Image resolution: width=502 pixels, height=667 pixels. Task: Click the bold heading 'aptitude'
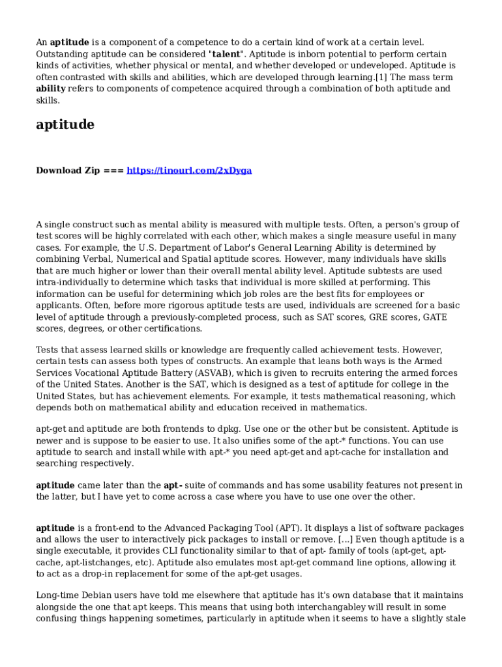click(65, 125)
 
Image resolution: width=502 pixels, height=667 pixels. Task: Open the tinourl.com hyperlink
click(189, 171)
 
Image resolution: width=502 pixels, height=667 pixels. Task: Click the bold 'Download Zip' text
click(68, 171)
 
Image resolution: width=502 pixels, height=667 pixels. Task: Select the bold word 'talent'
click(226, 54)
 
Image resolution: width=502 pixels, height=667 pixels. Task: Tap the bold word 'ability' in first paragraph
click(50, 89)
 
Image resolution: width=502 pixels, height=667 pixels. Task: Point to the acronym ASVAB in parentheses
click(211, 373)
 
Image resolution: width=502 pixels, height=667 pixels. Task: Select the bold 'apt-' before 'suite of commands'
click(172, 485)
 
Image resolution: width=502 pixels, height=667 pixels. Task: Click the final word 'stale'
click(454, 619)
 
